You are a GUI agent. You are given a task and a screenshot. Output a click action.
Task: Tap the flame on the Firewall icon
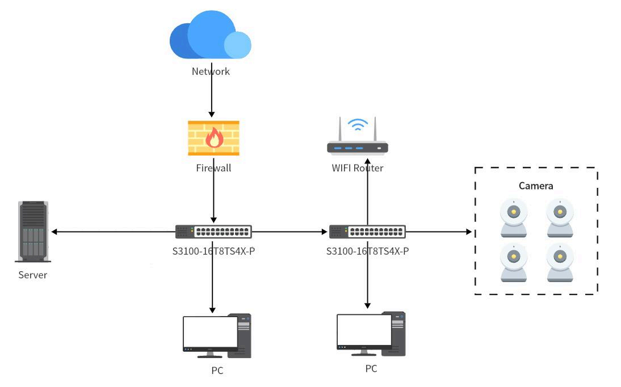(x=214, y=137)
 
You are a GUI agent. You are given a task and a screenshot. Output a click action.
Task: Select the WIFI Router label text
(x=358, y=168)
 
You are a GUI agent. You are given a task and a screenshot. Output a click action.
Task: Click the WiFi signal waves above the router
(x=358, y=124)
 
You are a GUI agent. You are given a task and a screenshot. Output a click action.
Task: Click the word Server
(x=33, y=275)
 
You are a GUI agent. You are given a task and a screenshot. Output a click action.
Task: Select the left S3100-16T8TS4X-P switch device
(x=213, y=232)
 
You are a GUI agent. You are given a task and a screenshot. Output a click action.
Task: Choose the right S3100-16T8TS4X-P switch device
(x=367, y=232)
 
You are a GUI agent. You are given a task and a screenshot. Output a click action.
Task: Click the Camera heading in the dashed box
(x=536, y=186)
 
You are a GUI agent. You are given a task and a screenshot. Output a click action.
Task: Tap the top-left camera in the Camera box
(x=514, y=217)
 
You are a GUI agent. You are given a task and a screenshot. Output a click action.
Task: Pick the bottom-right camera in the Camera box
(x=560, y=263)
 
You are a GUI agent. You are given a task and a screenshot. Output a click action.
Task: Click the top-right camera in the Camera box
(x=560, y=217)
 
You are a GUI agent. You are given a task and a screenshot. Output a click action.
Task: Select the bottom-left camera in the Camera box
(x=514, y=263)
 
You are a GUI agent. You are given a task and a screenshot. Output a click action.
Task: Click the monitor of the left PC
(x=210, y=334)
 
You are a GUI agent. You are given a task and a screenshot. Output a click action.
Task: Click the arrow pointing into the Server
(x=114, y=232)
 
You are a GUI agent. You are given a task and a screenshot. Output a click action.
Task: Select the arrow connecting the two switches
(x=290, y=232)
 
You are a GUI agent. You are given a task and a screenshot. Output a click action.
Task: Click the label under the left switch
(x=213, y=250)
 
